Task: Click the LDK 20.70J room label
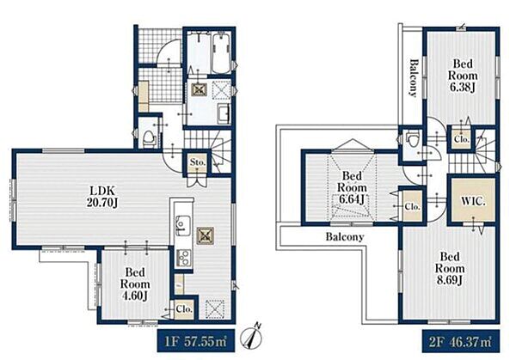102,197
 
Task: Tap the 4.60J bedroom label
135,284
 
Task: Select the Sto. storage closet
198,162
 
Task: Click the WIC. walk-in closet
473,200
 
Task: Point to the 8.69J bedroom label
450,268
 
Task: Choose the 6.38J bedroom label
463,76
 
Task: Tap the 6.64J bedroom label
352,187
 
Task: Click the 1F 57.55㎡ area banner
196,341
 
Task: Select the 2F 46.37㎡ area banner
461,341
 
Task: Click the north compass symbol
252,337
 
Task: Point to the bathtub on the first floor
222,54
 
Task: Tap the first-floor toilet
150,138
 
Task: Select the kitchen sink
181,225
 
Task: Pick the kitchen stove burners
183,258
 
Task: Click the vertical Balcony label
414,78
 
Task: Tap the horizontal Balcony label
345,237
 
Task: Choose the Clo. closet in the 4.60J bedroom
184,309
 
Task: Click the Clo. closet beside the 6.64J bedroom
412,206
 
